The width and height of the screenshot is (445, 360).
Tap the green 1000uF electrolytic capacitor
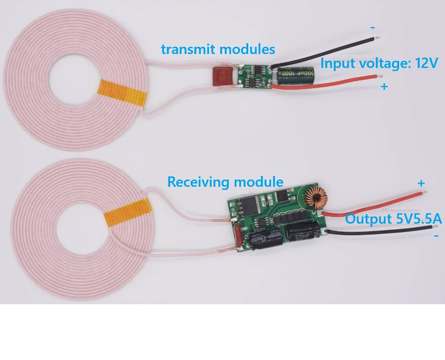coord(294,75)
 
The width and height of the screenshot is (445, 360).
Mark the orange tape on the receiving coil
coord(127,211)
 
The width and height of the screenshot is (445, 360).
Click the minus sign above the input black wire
coord(372,27)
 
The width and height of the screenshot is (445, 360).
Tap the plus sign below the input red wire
coord(384,86)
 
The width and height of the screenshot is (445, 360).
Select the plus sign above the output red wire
coord(421,183)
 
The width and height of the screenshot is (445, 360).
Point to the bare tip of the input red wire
coord(380,77)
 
